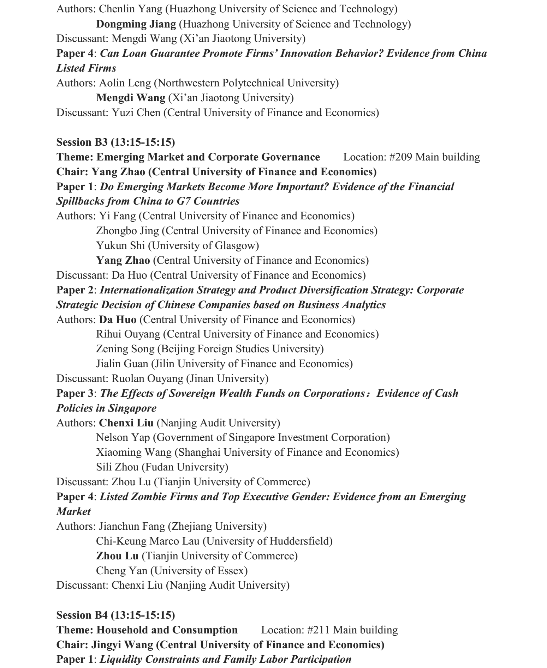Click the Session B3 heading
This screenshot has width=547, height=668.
115,142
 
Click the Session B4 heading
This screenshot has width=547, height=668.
115,615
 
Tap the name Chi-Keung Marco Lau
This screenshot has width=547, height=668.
148,541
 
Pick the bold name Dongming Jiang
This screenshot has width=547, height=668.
136,24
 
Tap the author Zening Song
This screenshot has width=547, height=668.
125,349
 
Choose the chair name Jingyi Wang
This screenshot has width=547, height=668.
122,645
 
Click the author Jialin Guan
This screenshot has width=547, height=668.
122,364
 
